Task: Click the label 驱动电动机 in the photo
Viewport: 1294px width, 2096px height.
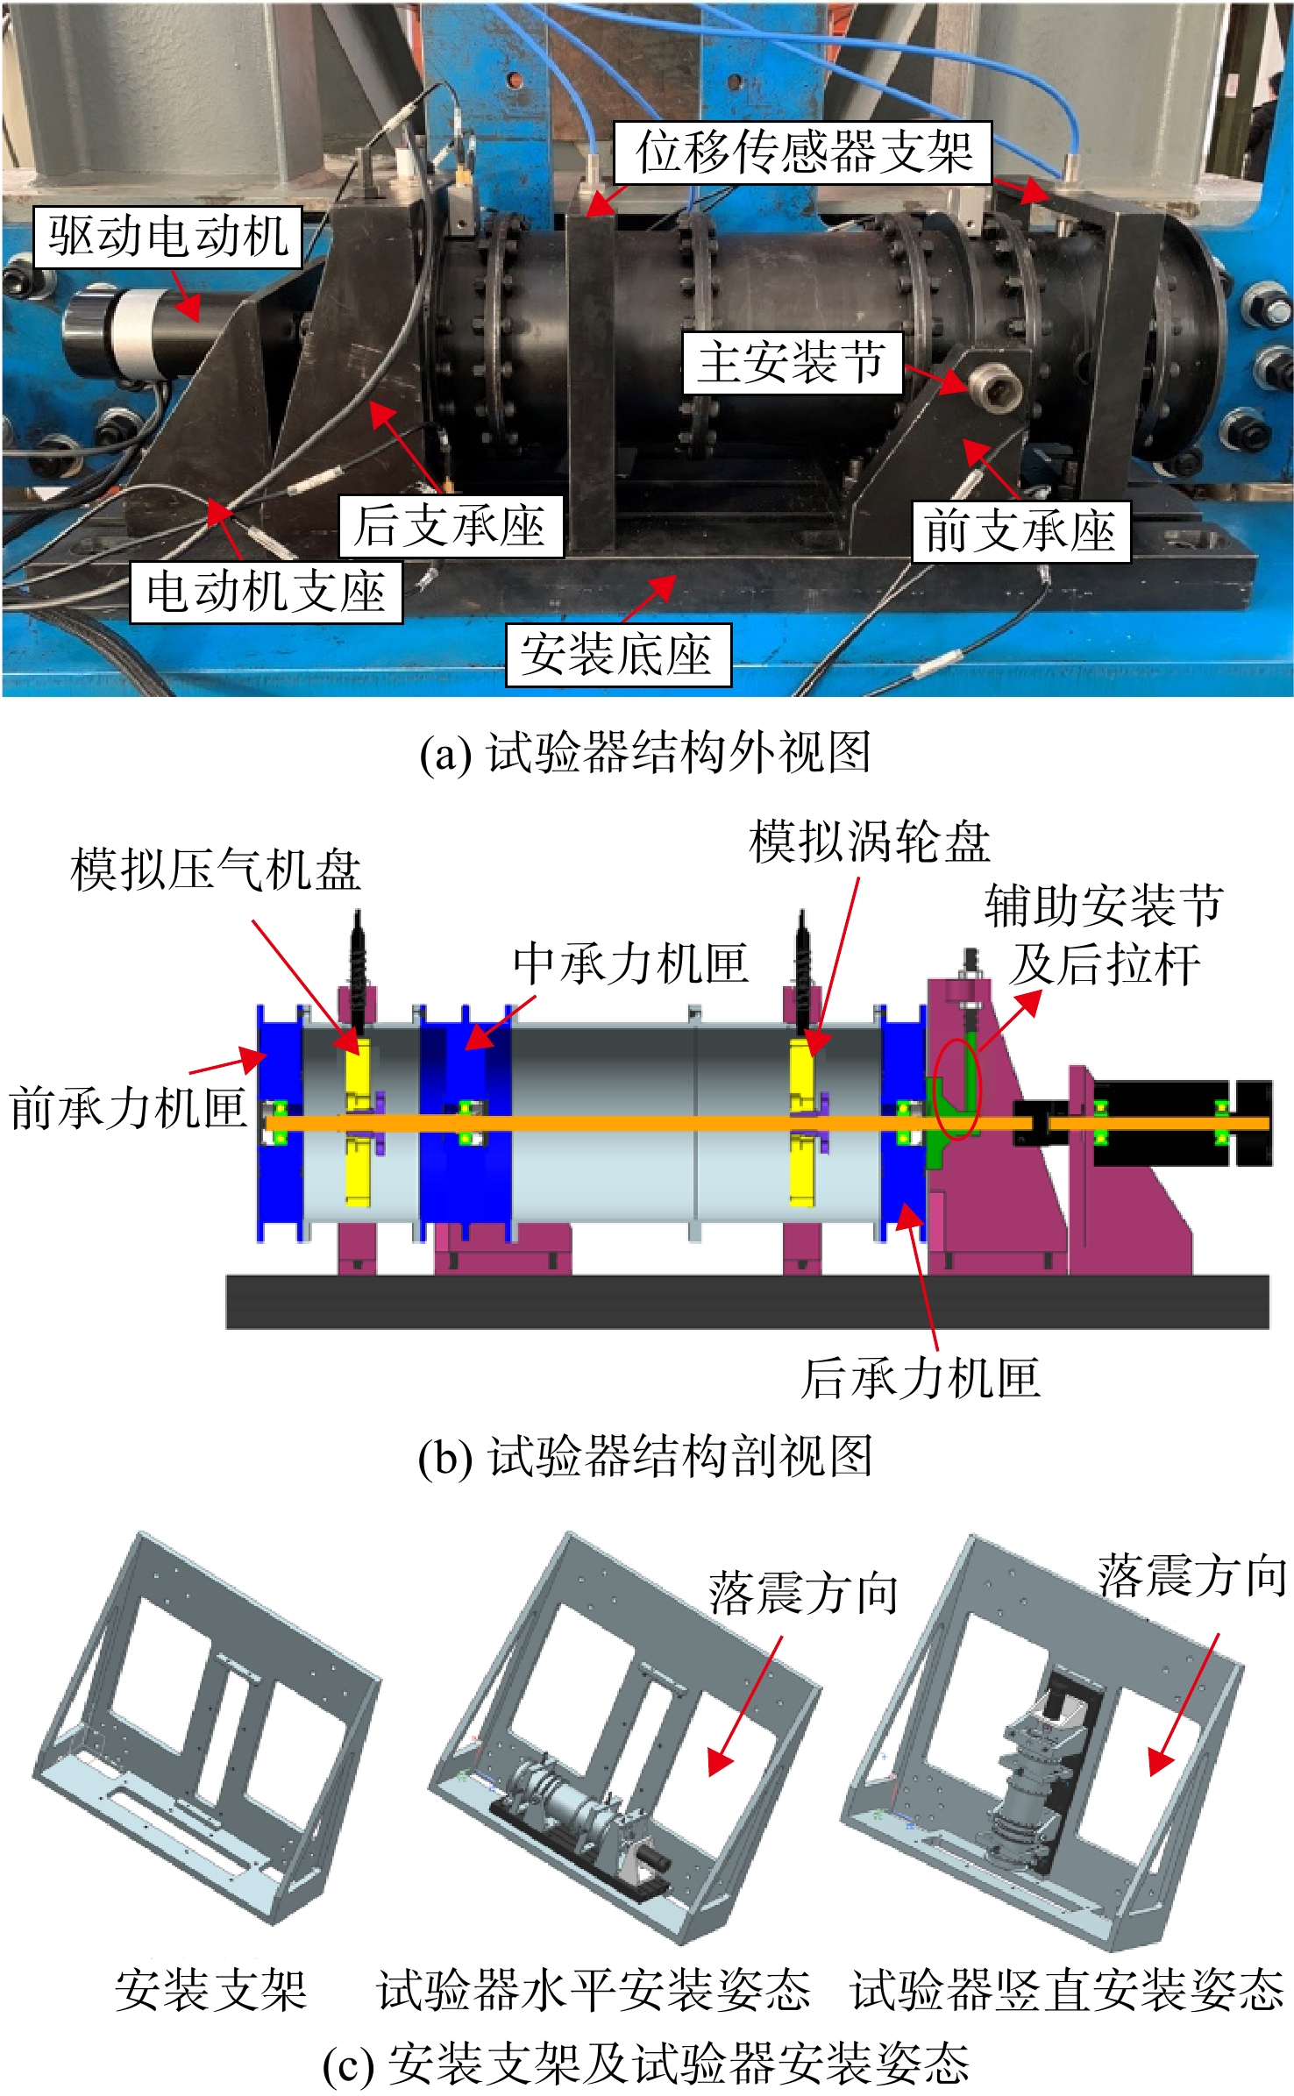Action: (167, 237)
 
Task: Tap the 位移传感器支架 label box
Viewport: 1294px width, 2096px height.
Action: (802, 153)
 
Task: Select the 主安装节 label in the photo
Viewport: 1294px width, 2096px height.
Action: (793, 362)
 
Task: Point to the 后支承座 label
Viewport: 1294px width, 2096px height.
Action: (451, 526)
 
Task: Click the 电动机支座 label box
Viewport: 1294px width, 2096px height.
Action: (267, 592)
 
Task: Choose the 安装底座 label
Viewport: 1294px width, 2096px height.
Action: (618, 654)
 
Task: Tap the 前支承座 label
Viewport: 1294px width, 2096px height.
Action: (1020, 531)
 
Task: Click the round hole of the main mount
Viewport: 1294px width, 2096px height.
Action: (997, 387)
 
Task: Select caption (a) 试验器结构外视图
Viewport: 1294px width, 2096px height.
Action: (645, 752)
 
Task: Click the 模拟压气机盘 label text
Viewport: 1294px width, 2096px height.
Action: (216, 870)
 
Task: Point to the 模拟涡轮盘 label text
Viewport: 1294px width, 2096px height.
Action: (870, 842)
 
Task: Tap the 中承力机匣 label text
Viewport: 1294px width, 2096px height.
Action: (631, 963)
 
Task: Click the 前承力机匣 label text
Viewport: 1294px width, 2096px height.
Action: (128, 1107)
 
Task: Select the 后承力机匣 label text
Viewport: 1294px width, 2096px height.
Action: (921, 1376)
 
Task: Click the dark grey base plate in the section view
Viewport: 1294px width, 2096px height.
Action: (747, 1302)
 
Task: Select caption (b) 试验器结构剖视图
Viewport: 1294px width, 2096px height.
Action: (645, 1456)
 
